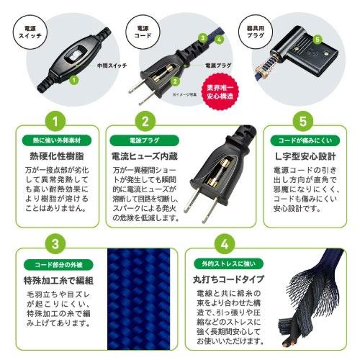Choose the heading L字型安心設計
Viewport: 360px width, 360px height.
point(303,155)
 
